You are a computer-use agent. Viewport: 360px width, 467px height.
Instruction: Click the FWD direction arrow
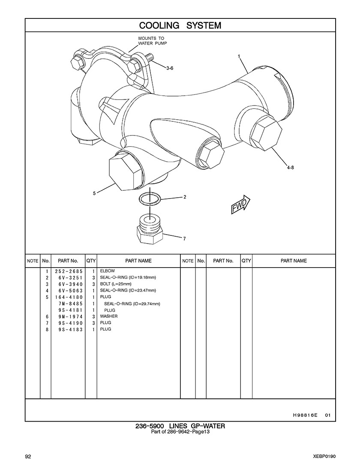coord(240,205)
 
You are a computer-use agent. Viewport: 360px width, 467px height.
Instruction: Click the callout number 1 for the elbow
coord(239,56)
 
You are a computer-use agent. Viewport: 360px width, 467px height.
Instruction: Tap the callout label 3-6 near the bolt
coord(170,68)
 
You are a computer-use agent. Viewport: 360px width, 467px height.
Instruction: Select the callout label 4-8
coord(290,167)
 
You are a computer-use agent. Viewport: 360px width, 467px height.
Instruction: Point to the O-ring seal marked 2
coord(150,198)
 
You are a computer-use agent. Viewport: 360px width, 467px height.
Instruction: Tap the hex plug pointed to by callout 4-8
coord(266,133)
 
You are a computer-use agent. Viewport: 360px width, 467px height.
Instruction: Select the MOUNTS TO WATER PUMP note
coord(152,41)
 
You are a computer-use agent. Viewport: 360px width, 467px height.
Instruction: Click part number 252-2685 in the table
coord(69,271)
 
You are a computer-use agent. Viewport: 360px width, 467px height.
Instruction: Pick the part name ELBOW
coord(108,271)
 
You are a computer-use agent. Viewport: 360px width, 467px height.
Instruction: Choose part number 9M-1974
coord(71,316)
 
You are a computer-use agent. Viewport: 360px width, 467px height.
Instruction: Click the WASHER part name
coord(109,316)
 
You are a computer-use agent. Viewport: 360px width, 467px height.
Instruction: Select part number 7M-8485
coord(71,304)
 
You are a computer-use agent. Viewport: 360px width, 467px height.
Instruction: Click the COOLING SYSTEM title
coord(180,25)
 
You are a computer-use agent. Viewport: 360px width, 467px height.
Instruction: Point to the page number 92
coord(28,457)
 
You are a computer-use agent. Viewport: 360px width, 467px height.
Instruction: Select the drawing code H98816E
coord(303,415)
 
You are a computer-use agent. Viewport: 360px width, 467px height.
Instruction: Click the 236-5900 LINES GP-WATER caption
coord(180,426)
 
